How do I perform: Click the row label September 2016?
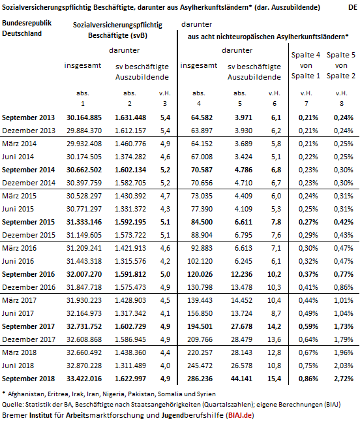(x=28, y=274)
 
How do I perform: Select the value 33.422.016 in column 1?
(x=84, y=379)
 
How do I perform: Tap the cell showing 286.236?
(x=200, y=379)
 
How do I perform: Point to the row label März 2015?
(x=19, y=196)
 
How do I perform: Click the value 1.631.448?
(x=130, y=117)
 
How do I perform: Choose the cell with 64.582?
(x=202, y=117)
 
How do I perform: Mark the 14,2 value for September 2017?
(x=274, y=326)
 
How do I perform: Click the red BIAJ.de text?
(x=240, y=415)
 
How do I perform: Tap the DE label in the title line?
(x=353, y=7)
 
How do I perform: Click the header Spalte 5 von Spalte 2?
(x=341, y=65)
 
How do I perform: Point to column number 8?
(x=342, y=104)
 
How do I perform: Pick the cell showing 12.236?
(x=241, y=274)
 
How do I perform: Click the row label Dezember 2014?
(x=29, y=183)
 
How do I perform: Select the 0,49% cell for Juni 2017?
(x=308, y=313)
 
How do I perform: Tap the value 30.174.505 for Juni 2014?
(x=84, y=157)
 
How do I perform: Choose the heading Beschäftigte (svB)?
(x=118, y=35)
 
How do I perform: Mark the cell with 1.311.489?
(x=130, y=366)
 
